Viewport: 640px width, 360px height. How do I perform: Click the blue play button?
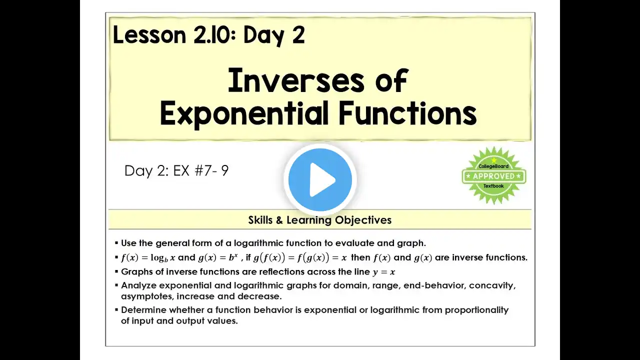click(x=320, y=179)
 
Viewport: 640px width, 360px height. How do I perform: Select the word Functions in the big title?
click(x=407, y=113)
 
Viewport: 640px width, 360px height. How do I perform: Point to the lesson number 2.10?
click(x=214, y=35)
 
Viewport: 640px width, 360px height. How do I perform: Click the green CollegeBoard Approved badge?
click(x=494, y=175)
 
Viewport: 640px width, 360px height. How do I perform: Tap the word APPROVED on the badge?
click(x=493, y=176)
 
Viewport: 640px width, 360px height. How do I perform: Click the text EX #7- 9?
click(x=201, y=170)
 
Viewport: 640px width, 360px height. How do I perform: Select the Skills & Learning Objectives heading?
click(x=319, y=220)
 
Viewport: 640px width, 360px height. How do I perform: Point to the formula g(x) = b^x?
click(x=218, y=257)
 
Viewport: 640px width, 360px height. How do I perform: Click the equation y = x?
click(x=383, y=272)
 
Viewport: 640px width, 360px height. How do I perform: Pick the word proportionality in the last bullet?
click(x=476, y=310)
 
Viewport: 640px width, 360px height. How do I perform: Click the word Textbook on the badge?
click(x=493, y=186)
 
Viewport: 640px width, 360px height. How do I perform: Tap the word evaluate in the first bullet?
click(x=354, y=243)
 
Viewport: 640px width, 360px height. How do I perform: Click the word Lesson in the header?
click(x=149, y=35)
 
